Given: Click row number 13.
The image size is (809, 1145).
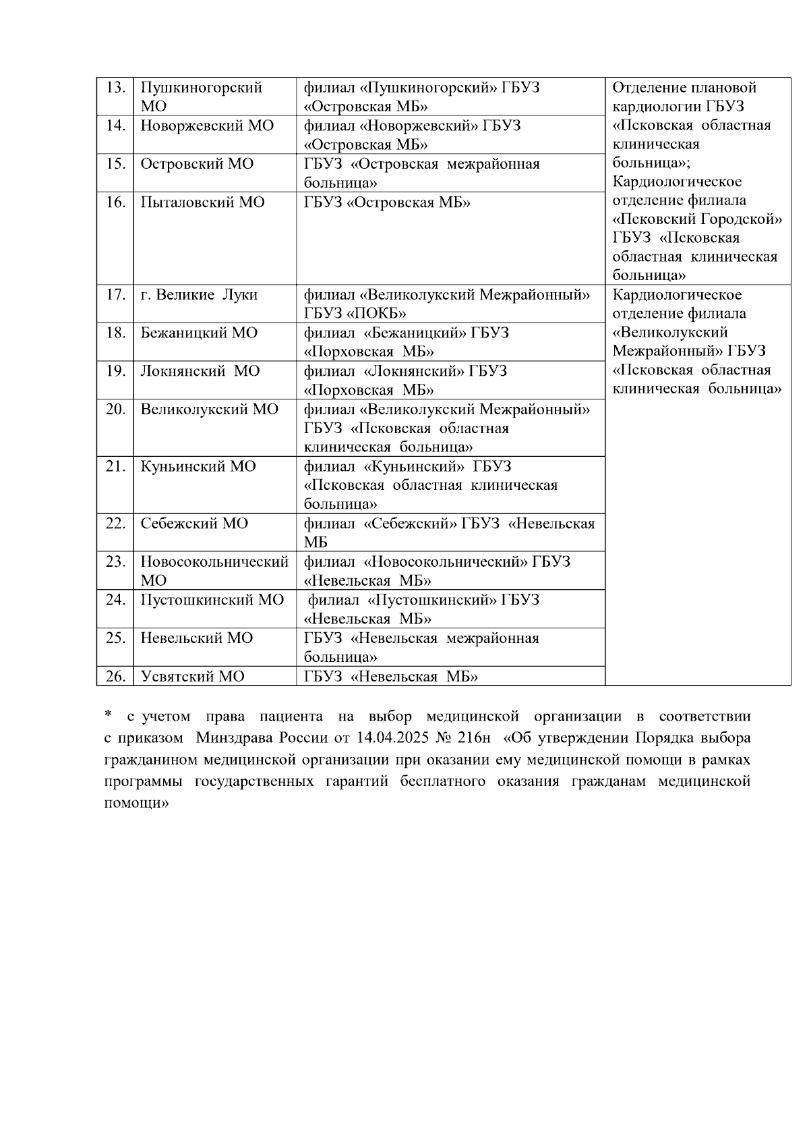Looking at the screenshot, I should pos(115,88).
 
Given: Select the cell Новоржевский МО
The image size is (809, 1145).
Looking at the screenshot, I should pos(207,126).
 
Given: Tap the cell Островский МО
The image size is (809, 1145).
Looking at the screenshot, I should pos(197,165).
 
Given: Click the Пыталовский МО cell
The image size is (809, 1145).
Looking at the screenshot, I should pos(202,203).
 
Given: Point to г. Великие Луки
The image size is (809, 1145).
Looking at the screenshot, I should pos(199,296).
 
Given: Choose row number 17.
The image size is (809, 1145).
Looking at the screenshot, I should pos(115,296).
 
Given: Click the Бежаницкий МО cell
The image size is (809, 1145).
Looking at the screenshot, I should pos(199,333).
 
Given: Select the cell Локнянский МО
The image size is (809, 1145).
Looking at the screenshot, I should pos(200,372).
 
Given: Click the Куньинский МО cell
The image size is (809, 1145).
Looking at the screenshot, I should pos(198,467).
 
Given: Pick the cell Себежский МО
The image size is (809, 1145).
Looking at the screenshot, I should pos(194,524).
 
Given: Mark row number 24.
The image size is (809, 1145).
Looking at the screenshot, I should pos(115,601).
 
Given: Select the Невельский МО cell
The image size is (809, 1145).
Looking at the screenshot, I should pos(196,638).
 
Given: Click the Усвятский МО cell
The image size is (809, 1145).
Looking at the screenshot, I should pos(192,677).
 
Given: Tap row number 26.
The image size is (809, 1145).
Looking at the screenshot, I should pos(115,677).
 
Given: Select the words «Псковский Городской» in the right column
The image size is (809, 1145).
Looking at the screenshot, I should pos(697,220).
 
